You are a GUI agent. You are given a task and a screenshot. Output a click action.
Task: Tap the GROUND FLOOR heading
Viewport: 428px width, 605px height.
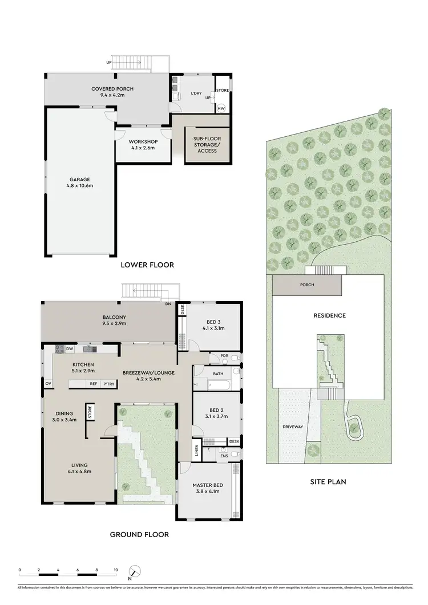point(140,535)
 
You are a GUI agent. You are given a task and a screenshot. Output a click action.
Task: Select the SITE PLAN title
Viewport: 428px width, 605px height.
point(328,482)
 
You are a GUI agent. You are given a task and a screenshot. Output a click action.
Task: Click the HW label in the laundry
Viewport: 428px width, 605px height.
point(221,108)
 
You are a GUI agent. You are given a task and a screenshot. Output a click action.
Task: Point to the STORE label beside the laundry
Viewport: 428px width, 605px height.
point(221,90)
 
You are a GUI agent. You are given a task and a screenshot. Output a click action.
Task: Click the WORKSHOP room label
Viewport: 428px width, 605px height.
point(143,141)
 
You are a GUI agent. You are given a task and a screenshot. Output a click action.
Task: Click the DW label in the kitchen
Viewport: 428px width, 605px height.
point(69,349)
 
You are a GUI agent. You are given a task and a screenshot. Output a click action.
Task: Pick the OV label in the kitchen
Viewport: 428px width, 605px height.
point(47,384)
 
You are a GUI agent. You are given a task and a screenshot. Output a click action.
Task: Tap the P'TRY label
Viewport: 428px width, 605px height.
point(108,384)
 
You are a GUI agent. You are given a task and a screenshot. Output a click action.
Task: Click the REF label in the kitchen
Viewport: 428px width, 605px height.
point(92,384)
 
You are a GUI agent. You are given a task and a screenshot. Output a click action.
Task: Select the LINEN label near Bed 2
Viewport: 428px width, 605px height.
point(197,449)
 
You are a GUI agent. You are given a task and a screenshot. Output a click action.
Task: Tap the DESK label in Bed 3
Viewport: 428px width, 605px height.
point(183,309)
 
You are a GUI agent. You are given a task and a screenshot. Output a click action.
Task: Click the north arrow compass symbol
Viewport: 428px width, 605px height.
point(134,571)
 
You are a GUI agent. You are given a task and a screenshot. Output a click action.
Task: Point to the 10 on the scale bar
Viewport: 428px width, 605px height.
point(115,570)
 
